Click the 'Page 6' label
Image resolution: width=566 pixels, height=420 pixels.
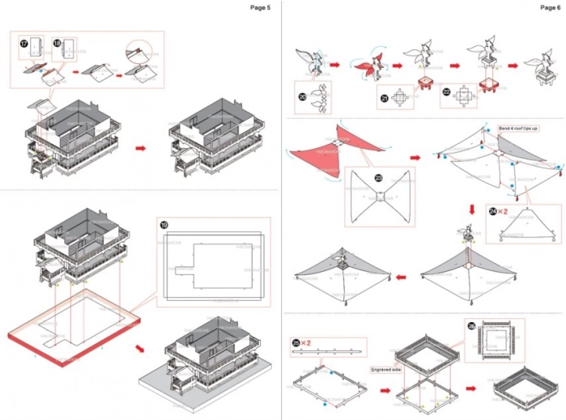click(x=550, y=7)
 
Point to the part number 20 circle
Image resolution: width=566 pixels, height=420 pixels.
click(x=302, y=95)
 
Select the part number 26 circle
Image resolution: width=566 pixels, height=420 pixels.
click(x=471, y=325)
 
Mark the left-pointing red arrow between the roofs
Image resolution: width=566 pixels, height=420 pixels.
click(x=400, y=278)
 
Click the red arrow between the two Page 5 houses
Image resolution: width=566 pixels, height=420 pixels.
click(x=141, y=149)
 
